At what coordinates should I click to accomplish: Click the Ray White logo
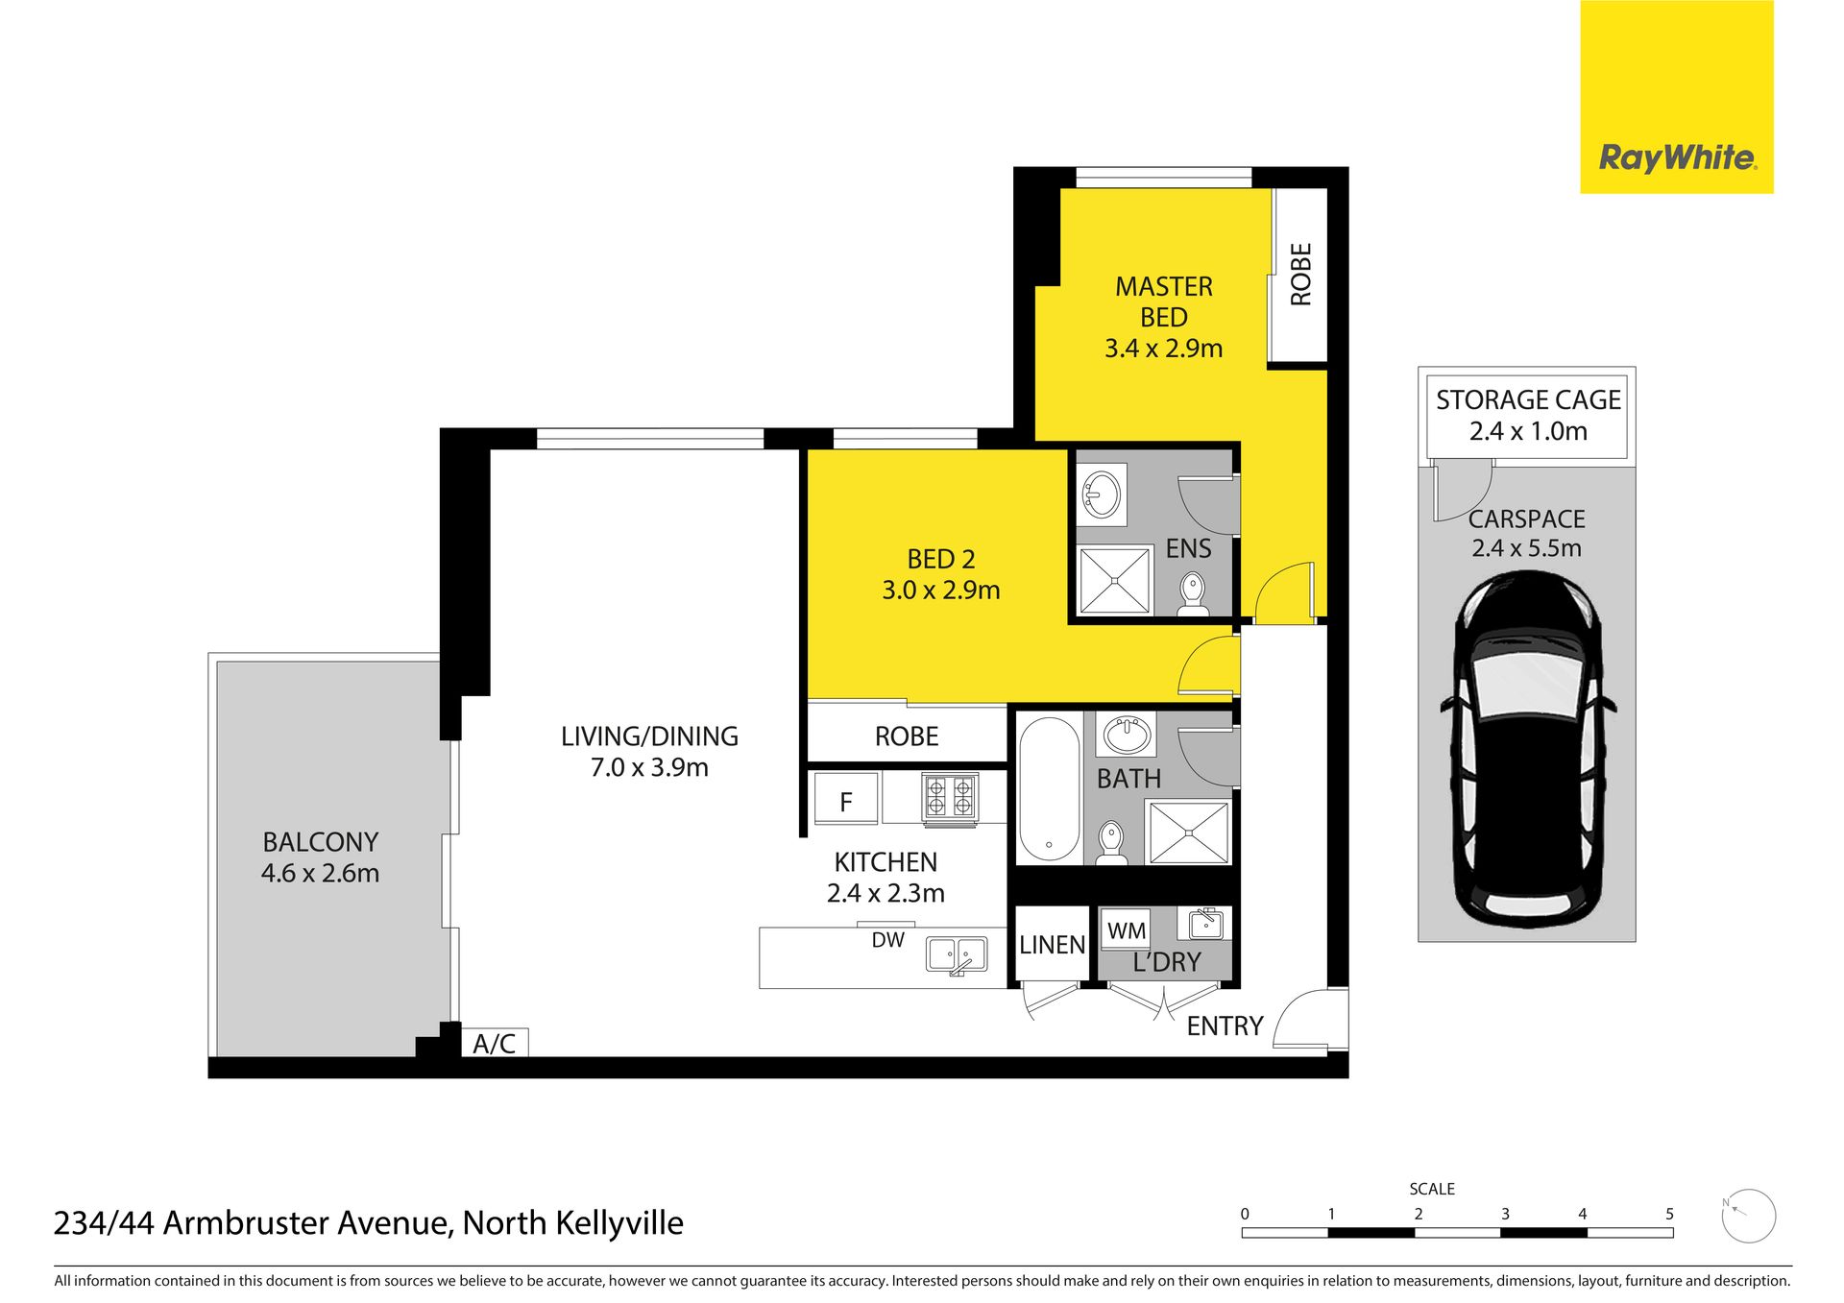pos(1676,97)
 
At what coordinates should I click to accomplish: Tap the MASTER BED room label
pos(1163,302)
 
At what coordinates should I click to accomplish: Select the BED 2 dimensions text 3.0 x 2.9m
pos(940,590)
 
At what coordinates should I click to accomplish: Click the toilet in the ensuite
pos(1193,595)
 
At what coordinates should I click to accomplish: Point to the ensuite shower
pos(1114,579)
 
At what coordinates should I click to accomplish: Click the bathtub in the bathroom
pos(1049,789)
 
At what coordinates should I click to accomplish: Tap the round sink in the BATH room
pos(1128,736)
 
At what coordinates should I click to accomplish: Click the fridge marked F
pos(845,800)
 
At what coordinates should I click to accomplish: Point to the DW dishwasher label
pos(887,940)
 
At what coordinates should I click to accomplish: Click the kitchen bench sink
pos(956,955)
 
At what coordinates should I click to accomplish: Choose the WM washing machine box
pos(1126,929)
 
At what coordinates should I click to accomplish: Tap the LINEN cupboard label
pos(1052,945)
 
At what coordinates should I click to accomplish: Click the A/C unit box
pos(495,1043)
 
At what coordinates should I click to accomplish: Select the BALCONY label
pos(320,842)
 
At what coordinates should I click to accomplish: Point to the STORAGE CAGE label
pos(1528,399)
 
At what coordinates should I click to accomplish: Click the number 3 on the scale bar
pos(1505,1214)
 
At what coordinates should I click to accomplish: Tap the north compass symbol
pos(1748,1216)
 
